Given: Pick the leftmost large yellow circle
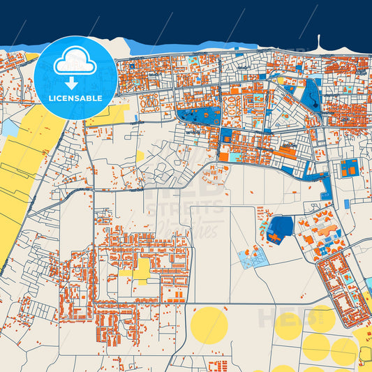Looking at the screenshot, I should click(x=209, y=324).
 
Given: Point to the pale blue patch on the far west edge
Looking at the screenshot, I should click(x=10, y=128).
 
